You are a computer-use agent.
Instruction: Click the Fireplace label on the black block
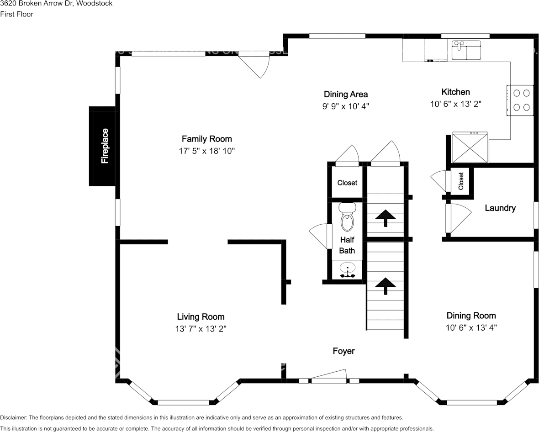105,146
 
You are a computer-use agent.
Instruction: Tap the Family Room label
206,139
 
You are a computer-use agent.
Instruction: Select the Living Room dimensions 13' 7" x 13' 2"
201,329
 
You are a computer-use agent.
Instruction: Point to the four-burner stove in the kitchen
522,100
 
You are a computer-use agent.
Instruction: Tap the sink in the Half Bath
347,270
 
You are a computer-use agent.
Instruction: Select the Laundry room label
500,208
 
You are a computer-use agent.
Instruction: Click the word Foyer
344,351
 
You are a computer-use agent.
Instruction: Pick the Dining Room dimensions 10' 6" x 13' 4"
471,327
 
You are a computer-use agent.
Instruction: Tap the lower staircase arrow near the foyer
385,285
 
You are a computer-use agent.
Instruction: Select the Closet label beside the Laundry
461,181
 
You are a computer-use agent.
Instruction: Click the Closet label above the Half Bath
347,183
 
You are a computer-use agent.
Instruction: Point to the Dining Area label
346,94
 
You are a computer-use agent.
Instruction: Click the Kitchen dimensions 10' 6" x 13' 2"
456,104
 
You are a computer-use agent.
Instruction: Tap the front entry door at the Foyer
328,377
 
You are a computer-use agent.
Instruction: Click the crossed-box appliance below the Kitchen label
470,147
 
